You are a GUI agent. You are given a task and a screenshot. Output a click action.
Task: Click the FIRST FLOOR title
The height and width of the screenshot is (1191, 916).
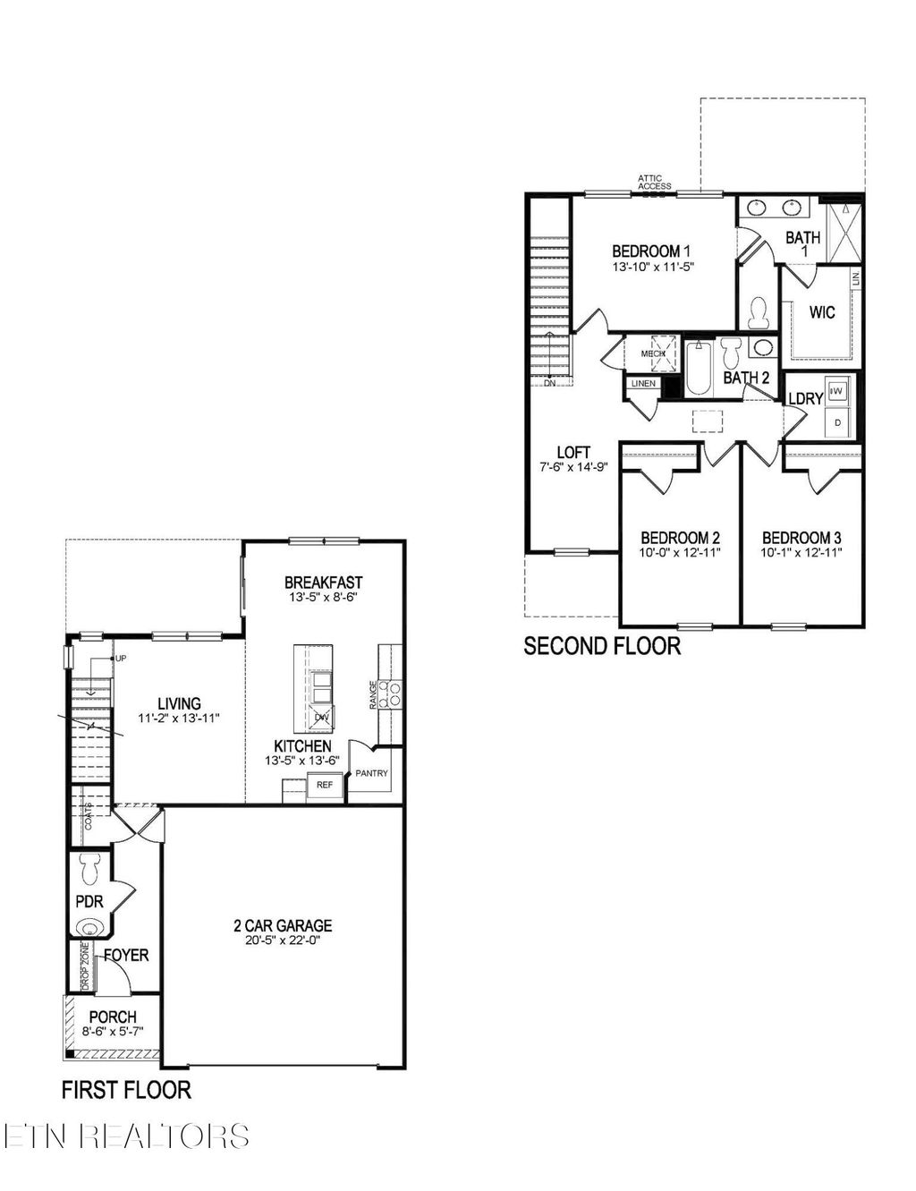pyautogui.click(x=126, y=1090)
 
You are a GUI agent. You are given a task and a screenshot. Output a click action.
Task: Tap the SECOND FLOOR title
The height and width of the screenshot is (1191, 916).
pyautogui.click(x=602, y=645)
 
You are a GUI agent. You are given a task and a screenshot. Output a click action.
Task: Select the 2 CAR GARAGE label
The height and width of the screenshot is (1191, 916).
pyautogui.click(x=283, y=926)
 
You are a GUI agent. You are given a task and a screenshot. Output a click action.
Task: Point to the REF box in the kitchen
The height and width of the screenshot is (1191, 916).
pyautogui.click(x=324, y=786)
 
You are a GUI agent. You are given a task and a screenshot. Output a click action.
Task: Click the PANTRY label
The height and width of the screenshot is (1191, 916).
pyautogui.click(x=371, y=773)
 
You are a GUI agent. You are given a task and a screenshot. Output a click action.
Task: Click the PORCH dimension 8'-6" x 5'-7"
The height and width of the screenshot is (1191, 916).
pyautogui.click(x=113, y=1032)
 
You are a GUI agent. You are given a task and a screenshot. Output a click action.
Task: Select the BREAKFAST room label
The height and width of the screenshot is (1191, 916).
pyautogui.click(x=323, y=583)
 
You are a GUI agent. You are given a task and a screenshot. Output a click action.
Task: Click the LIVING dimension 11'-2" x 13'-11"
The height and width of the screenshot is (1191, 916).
pyautogui.click(x=179, y=719)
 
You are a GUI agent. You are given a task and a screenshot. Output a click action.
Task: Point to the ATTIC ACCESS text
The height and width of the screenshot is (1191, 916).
pyautogui.click(x=655, y=183)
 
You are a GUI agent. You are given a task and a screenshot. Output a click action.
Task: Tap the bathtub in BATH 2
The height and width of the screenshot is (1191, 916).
pyautogui.click(x=698, y=369)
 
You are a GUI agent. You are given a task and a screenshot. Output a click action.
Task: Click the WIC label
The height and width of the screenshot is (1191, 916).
pyautogui.click(x=822, y=312)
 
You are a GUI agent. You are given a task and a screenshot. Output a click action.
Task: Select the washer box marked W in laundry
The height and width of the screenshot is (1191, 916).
pyautogui.click(x=838, y=391)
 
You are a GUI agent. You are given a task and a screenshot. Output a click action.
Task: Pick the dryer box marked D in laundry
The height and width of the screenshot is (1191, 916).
pyautogui.click(x=838, y=421)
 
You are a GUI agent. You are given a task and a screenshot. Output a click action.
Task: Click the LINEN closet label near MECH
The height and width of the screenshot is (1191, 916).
pyautogui.click(x=643, y=384)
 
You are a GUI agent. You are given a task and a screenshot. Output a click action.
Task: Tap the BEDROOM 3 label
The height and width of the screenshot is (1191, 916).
pyautogui.click(x=801, y=538)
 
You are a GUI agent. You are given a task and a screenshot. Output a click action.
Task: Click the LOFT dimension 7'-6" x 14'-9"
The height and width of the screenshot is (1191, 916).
pyautogui.click(x=573, y=466)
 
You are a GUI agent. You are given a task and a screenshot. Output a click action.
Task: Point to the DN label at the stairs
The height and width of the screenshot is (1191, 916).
pyautogui.click(x=549, y=383)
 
